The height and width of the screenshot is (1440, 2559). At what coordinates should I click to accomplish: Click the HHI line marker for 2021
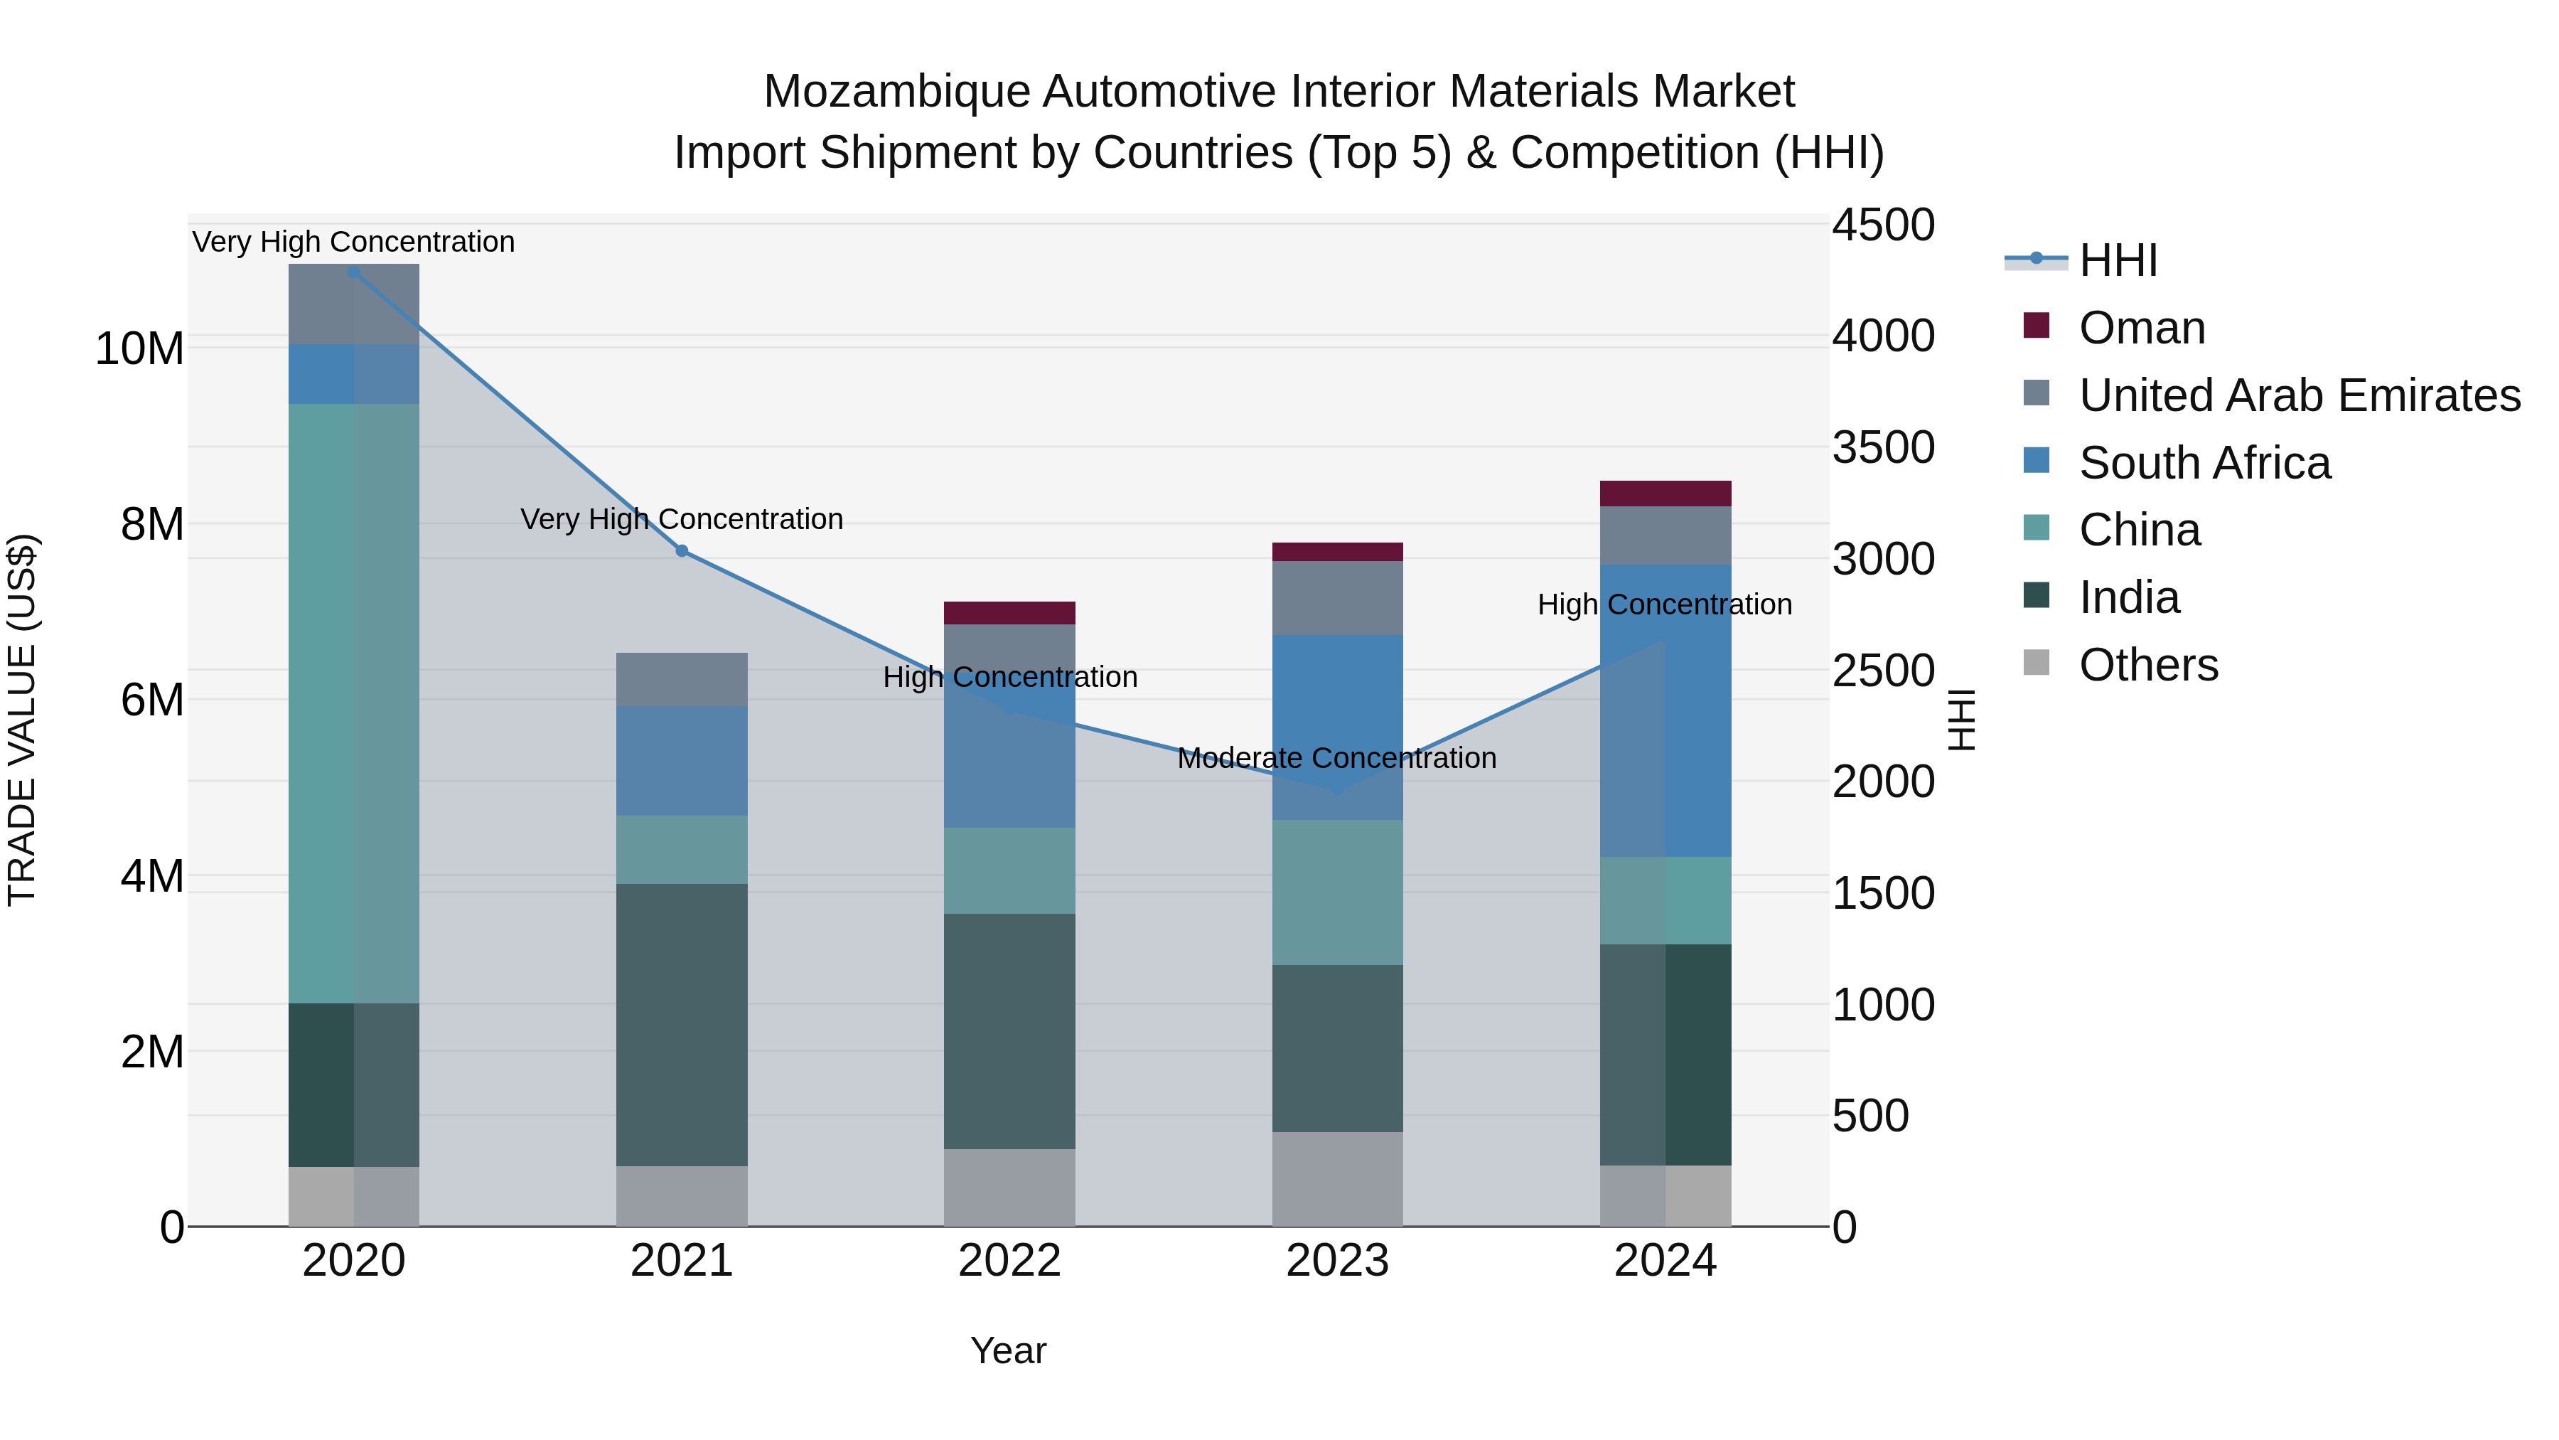(x=682, y=550)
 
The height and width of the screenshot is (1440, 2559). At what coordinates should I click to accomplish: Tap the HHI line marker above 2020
(x=354, y=272)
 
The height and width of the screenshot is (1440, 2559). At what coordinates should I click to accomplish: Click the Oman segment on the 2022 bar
(x=1009, y=612)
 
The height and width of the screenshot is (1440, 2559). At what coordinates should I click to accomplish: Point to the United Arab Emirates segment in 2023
(x=1337, y=597)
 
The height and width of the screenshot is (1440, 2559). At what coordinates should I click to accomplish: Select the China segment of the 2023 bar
(x=1337, y=892)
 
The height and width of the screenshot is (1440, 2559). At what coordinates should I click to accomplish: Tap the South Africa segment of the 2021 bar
(x=682, y=760)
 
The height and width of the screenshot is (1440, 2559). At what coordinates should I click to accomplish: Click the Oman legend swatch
(x=2037, y=326)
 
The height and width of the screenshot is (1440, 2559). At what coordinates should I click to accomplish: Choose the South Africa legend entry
(x=2204, y=463)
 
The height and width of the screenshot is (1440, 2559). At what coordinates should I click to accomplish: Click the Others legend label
(x=2147, y=665)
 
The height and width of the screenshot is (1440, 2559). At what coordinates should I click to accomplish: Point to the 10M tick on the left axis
(x=139, y=349)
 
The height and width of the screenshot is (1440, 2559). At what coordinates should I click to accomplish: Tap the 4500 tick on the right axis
(x=1882, y=225)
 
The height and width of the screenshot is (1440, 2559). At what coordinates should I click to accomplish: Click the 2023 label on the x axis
(x=1337, y=1260)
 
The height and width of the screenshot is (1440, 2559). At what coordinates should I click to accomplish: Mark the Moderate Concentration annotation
(x=1336, y=758)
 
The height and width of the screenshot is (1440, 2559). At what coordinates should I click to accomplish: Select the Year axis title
(x=1007, y=1350)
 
